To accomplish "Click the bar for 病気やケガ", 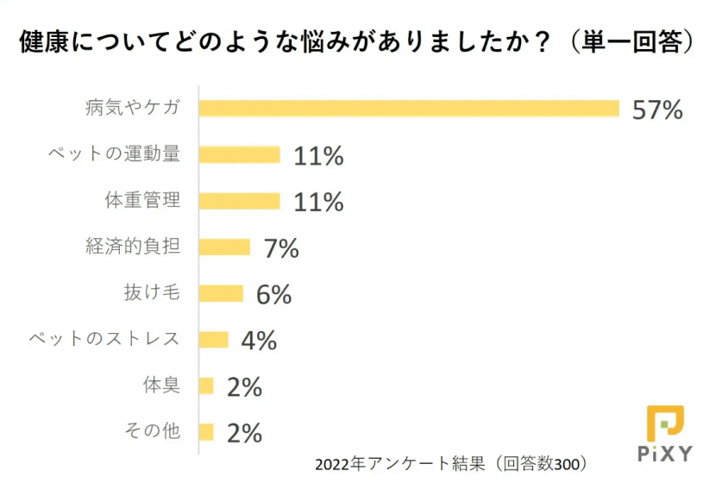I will tap(409, 108).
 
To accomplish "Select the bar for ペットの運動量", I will tap(240, 154).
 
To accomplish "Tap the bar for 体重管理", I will tap(240, 201).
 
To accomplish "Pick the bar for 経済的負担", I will tap(224, 248).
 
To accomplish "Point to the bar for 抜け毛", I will tap(221, 293).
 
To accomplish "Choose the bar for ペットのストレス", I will tap(214, 340).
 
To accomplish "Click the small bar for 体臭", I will tap(206, 386).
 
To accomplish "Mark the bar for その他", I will tap(206, 432).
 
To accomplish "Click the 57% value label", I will tap(657, 110).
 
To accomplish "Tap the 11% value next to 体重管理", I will tap(318, 202).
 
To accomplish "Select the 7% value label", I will tap(281, 248).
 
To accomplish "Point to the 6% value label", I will tap(274, 295).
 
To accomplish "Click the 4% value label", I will tap(259, 341).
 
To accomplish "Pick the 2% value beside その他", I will tap(244, 433).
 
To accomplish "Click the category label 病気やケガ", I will tap(133, 108).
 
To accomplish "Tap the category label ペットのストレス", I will tap(104, 339).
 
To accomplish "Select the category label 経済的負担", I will tap(133, 247).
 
